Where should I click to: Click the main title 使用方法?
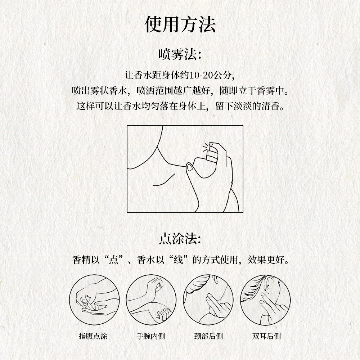coord(180,24)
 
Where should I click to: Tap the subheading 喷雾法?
coord(180,55)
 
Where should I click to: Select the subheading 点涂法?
coord(180,239)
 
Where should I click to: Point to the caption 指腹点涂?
coord(93,336)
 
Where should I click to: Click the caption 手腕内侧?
coord(151,336)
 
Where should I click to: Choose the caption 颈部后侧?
coord(208,336)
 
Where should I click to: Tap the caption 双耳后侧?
coord(266,336)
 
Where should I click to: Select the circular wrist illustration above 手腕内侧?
coord(126,300)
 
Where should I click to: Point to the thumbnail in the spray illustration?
coord(190,167)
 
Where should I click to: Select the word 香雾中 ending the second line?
coord(270,90)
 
